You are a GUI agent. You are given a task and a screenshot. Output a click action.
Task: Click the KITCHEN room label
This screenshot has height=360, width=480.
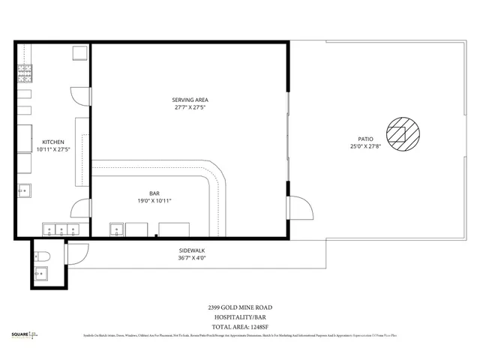coord(53,142)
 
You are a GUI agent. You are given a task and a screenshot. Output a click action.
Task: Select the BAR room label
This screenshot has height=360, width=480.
coord(154,193)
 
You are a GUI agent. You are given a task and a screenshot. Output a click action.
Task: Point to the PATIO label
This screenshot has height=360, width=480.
coord(365,139)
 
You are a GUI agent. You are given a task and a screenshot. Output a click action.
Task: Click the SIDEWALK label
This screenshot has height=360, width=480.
coord(192,250)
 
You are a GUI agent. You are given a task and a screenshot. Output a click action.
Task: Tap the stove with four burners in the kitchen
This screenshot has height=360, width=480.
coord(25,73)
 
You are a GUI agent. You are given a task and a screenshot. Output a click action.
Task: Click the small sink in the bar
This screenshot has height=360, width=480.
coord(117,229)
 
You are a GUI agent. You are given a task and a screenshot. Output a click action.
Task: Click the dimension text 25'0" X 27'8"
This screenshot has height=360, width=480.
coord(365,147)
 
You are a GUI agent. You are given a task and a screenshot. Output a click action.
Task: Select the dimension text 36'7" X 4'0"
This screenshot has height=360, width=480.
coord(192,258)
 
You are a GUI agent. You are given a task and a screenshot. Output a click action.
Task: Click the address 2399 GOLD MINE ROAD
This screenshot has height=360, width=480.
coord(240,307)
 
